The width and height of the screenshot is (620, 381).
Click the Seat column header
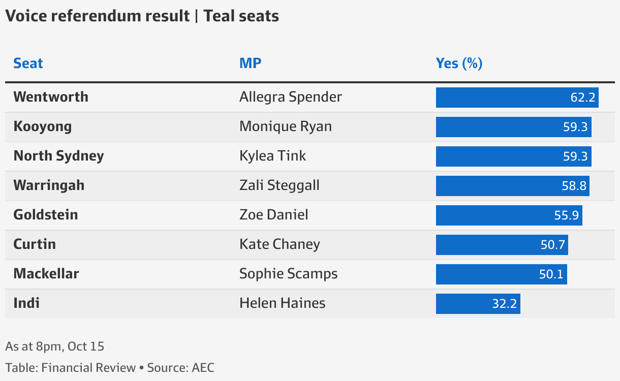pos(28,63)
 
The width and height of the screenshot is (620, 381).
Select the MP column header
pos(250,63)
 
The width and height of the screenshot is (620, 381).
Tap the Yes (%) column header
pos(459,63)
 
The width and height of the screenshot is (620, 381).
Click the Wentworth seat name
pos(51,97)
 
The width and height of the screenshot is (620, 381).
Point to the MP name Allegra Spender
pos(290,97)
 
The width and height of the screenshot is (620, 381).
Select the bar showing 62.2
pos(517,98)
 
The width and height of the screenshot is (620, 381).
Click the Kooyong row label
pos(42,126)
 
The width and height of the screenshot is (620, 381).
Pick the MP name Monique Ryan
pos(285,126)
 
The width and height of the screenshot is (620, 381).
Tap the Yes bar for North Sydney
pos(513,156)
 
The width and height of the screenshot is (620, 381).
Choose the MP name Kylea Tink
pos(272,156)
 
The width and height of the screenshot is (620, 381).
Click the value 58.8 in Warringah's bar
pos(574,186)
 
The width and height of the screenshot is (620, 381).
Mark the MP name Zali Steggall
pos(279,185)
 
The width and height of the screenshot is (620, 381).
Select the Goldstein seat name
pos(46,215)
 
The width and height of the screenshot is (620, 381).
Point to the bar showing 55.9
pos(509,215)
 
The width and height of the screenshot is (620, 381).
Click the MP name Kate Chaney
pos(280,244)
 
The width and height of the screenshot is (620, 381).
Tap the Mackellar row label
pos(46,274)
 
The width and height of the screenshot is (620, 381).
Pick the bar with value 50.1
pos(501,274)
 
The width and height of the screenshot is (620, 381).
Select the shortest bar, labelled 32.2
pos(478,304)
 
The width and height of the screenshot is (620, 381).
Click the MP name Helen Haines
pos(282,303)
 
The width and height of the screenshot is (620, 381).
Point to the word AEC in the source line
pos(203,368)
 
